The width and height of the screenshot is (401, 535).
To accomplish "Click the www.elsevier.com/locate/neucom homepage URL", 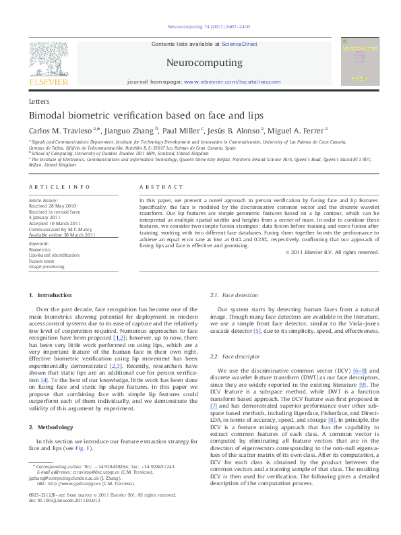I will pos(222,82).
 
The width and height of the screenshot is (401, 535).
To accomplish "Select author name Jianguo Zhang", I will pos(131,130).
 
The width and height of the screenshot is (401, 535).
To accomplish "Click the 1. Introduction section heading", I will pos(55,296).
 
